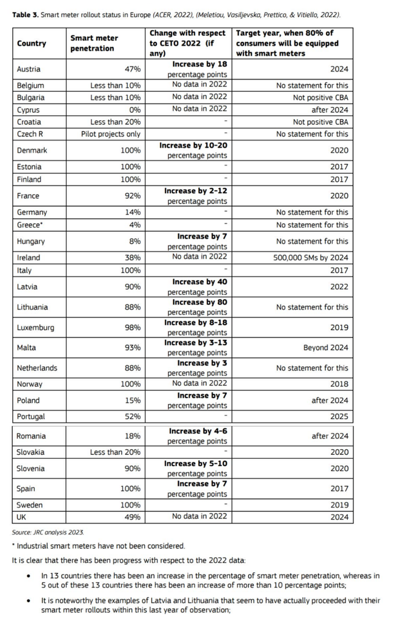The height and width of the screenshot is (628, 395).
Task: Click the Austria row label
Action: [28, 69]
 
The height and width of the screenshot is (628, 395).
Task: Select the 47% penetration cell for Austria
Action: [133, 69]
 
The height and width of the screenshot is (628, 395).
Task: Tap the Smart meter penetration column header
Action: [94, 43]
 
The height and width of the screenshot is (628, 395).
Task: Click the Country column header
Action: [31, 43]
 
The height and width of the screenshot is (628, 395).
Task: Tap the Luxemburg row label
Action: [35, 327]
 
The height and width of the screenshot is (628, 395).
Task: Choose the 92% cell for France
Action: [133, 196]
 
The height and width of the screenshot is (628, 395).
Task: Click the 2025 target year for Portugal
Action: [339, 417]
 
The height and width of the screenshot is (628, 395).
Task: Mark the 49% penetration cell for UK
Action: [133, 517]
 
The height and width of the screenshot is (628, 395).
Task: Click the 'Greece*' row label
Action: [29, 225]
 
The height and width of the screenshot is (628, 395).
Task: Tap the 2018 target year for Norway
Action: [339, 384]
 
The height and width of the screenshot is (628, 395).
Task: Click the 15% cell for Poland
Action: [133, 400]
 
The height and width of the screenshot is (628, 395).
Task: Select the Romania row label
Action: [31, 436]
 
